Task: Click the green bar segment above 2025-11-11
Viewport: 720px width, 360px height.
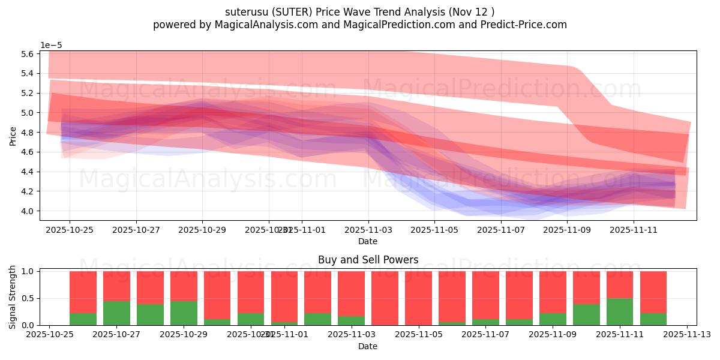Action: point(620,312)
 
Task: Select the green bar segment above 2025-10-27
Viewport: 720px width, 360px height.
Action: point(116,313)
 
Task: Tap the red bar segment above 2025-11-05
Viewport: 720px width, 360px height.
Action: point(418,298)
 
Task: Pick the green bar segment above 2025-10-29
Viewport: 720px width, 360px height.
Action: point(184,313)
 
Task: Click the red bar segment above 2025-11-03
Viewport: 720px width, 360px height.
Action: point(351,293)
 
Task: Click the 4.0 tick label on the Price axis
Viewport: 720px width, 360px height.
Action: point(28,211)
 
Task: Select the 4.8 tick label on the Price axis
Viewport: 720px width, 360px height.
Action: point(28,133)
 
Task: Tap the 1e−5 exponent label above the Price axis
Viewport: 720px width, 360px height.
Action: point(51,45)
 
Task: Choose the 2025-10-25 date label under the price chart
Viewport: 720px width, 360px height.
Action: point(70,229)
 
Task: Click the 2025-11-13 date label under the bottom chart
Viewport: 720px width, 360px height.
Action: point(686,334)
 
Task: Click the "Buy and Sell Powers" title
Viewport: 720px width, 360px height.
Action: point(368,260)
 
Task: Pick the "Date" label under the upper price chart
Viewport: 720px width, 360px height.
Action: point(368,241)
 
